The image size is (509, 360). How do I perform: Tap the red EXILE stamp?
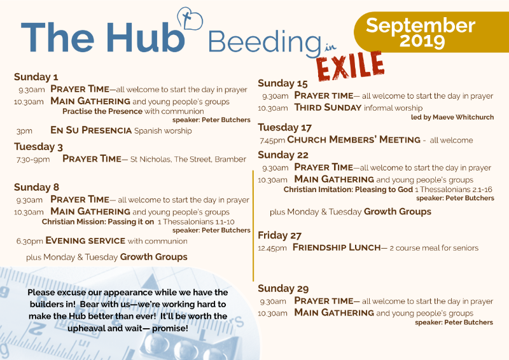(351, 66)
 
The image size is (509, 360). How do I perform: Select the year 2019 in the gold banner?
(422, 41)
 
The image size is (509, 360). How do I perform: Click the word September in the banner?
(421, 25)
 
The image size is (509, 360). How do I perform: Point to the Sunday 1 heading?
(36, 77)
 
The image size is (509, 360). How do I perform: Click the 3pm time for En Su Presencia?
(24, 131)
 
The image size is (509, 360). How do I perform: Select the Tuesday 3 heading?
(38, 147)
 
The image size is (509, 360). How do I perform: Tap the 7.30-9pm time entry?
(33, 160)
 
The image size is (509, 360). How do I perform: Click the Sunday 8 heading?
(37, 187)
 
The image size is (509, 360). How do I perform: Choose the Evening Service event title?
(85, 240)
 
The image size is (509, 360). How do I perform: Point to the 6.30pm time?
(29, 241)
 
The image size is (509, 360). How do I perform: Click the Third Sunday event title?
(328, 107)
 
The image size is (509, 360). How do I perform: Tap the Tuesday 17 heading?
(284, 127)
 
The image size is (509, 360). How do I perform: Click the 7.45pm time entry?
(272, 141)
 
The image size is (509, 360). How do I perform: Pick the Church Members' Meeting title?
(354, 139)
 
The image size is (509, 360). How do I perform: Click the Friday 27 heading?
(279, 235)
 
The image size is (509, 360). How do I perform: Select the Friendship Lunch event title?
(337, 247)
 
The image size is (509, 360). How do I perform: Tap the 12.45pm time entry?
(272, 249)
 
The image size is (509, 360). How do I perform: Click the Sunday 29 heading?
(283, 288)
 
